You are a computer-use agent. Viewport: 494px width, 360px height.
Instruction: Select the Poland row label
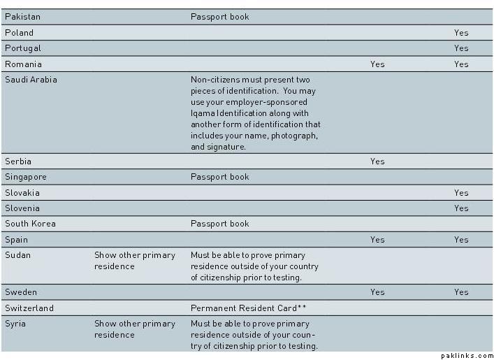(19, 33)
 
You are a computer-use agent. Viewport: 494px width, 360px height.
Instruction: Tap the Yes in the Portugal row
(461, 48)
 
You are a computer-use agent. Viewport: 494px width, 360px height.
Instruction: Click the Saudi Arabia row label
(31, 80)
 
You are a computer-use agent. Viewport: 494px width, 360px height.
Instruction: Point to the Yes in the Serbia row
(377, 161)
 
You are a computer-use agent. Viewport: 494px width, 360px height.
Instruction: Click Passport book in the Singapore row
(219, 177)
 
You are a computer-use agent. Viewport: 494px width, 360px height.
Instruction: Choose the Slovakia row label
(22, 193)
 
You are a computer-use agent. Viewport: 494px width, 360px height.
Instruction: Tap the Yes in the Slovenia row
(461, 208)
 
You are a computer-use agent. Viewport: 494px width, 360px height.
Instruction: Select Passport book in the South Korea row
(219, 224)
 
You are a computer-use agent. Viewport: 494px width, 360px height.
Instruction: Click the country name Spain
(17, 240)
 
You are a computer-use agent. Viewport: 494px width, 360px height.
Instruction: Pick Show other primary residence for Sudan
(135, 261)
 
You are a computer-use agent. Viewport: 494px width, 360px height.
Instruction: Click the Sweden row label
(21, 292)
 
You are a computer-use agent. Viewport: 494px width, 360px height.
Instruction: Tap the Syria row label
(16, 324)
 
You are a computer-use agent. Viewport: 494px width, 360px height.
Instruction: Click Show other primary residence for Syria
(135, 329)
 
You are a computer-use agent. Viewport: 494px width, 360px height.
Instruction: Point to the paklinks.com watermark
(467, 356)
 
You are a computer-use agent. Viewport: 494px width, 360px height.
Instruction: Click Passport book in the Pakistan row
(219, 17)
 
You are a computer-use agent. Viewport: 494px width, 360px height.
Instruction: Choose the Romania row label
(23, 64)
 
